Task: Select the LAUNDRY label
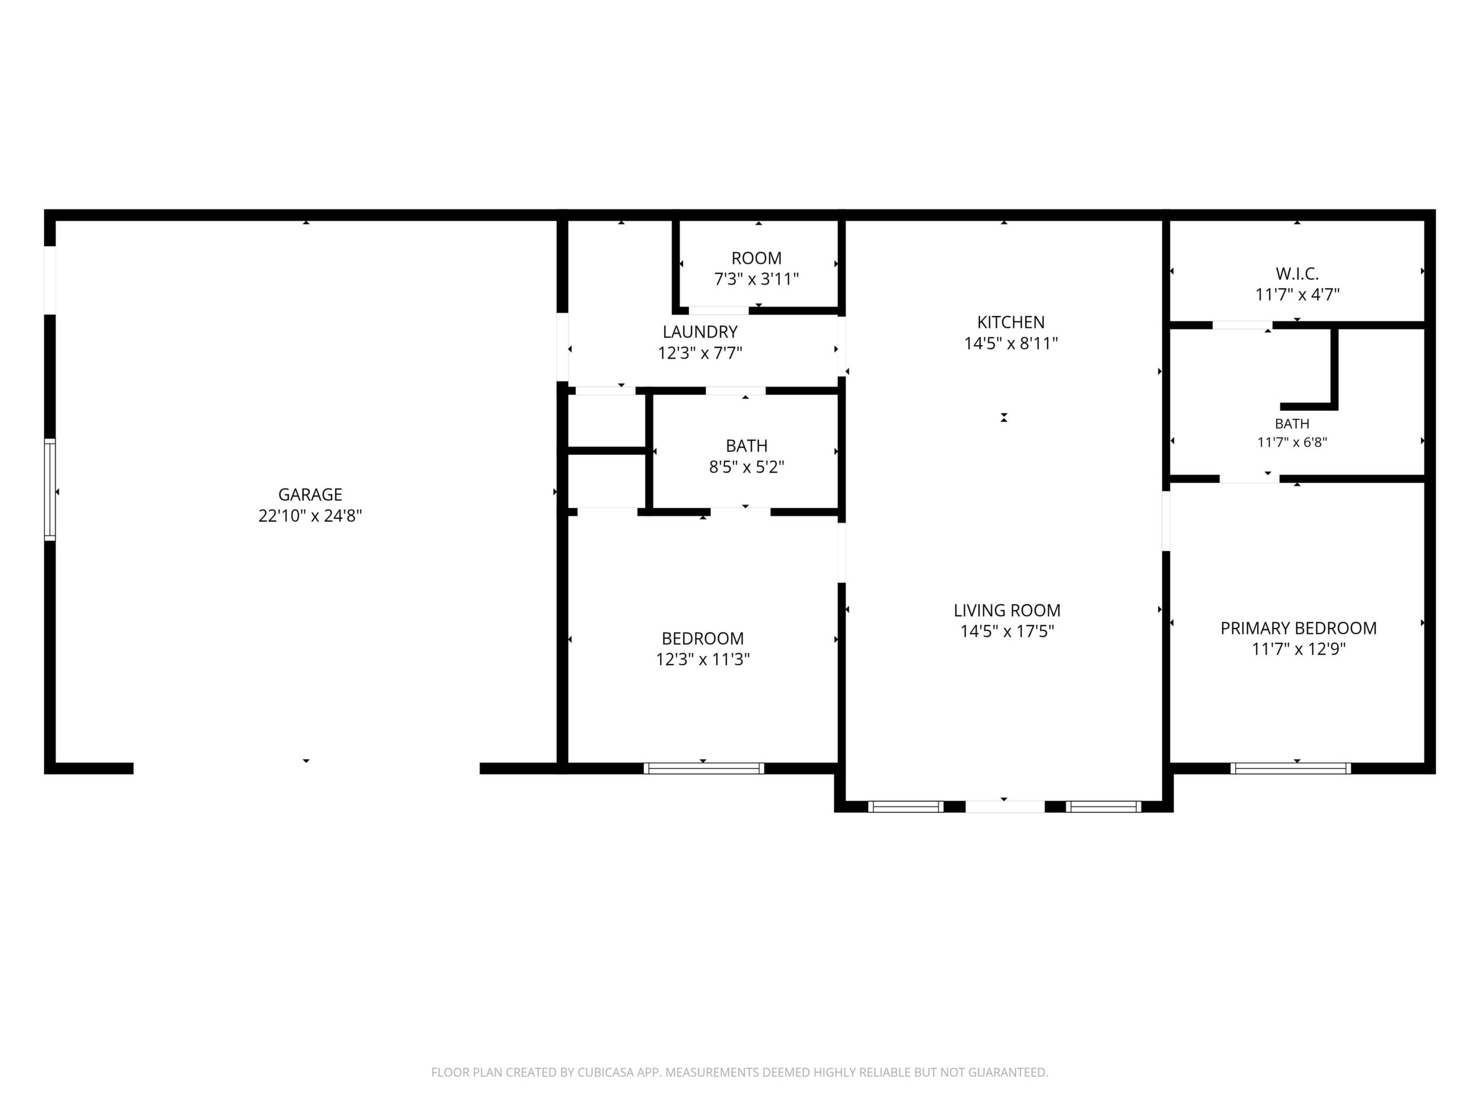(x=700, y=332)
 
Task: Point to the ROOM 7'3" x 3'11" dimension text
(x=757, y=279)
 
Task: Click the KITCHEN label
(x=1010, y=323)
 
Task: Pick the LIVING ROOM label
(x=1007, y=610)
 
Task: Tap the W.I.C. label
(x=1297, y=274)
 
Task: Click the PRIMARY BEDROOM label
(x=1298, y=629)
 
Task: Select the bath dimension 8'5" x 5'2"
(x=747, y=467)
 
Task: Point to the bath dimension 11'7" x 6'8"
(x=1292, y=442)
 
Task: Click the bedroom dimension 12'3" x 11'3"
(x=703, y=660)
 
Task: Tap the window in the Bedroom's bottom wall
(x=704, y=768)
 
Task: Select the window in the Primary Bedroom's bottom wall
(x=1290, y=768)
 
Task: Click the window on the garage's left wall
(x=50, y=489)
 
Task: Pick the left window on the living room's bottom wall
(x=906, y=807)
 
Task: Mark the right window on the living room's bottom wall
(x=1103, y=807)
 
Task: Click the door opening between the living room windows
(x=1005, y=807)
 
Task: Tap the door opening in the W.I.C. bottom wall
(x=1242, y=325)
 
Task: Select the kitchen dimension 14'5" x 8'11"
(x=1010, y=344)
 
